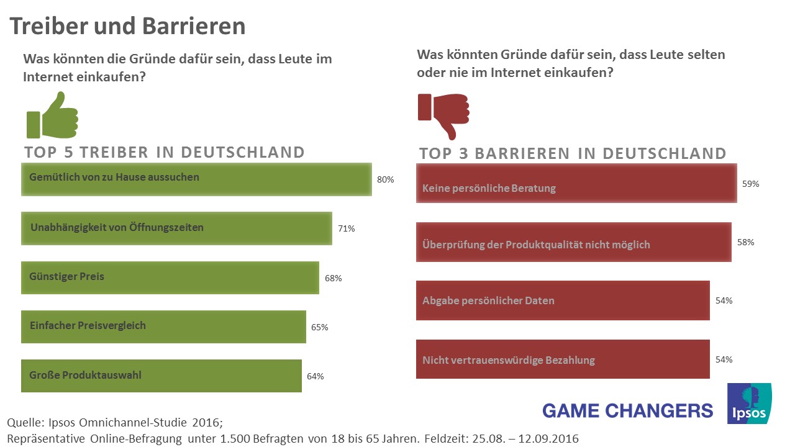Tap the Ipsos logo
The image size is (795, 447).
[749, 404]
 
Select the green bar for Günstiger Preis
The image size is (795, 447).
[170, 277]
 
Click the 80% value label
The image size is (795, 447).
[386, 180]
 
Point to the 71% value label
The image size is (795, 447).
[346, 228]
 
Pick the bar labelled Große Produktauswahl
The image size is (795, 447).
[161, 376]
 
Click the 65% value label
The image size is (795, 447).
[319, 327]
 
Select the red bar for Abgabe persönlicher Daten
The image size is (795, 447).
[562, 300]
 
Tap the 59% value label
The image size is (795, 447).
[750, 184]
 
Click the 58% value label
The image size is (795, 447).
[745, 242]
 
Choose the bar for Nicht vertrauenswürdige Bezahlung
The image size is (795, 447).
[562, 359]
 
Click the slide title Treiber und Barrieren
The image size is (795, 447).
[127, 26]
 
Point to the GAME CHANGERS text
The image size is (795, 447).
[627, 410]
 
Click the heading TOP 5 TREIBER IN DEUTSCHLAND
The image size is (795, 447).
[165, 153]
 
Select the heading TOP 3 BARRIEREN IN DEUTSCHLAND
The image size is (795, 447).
[573, 154]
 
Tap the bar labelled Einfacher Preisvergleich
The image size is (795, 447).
[163, 327]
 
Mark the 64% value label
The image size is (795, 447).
[315, 376]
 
